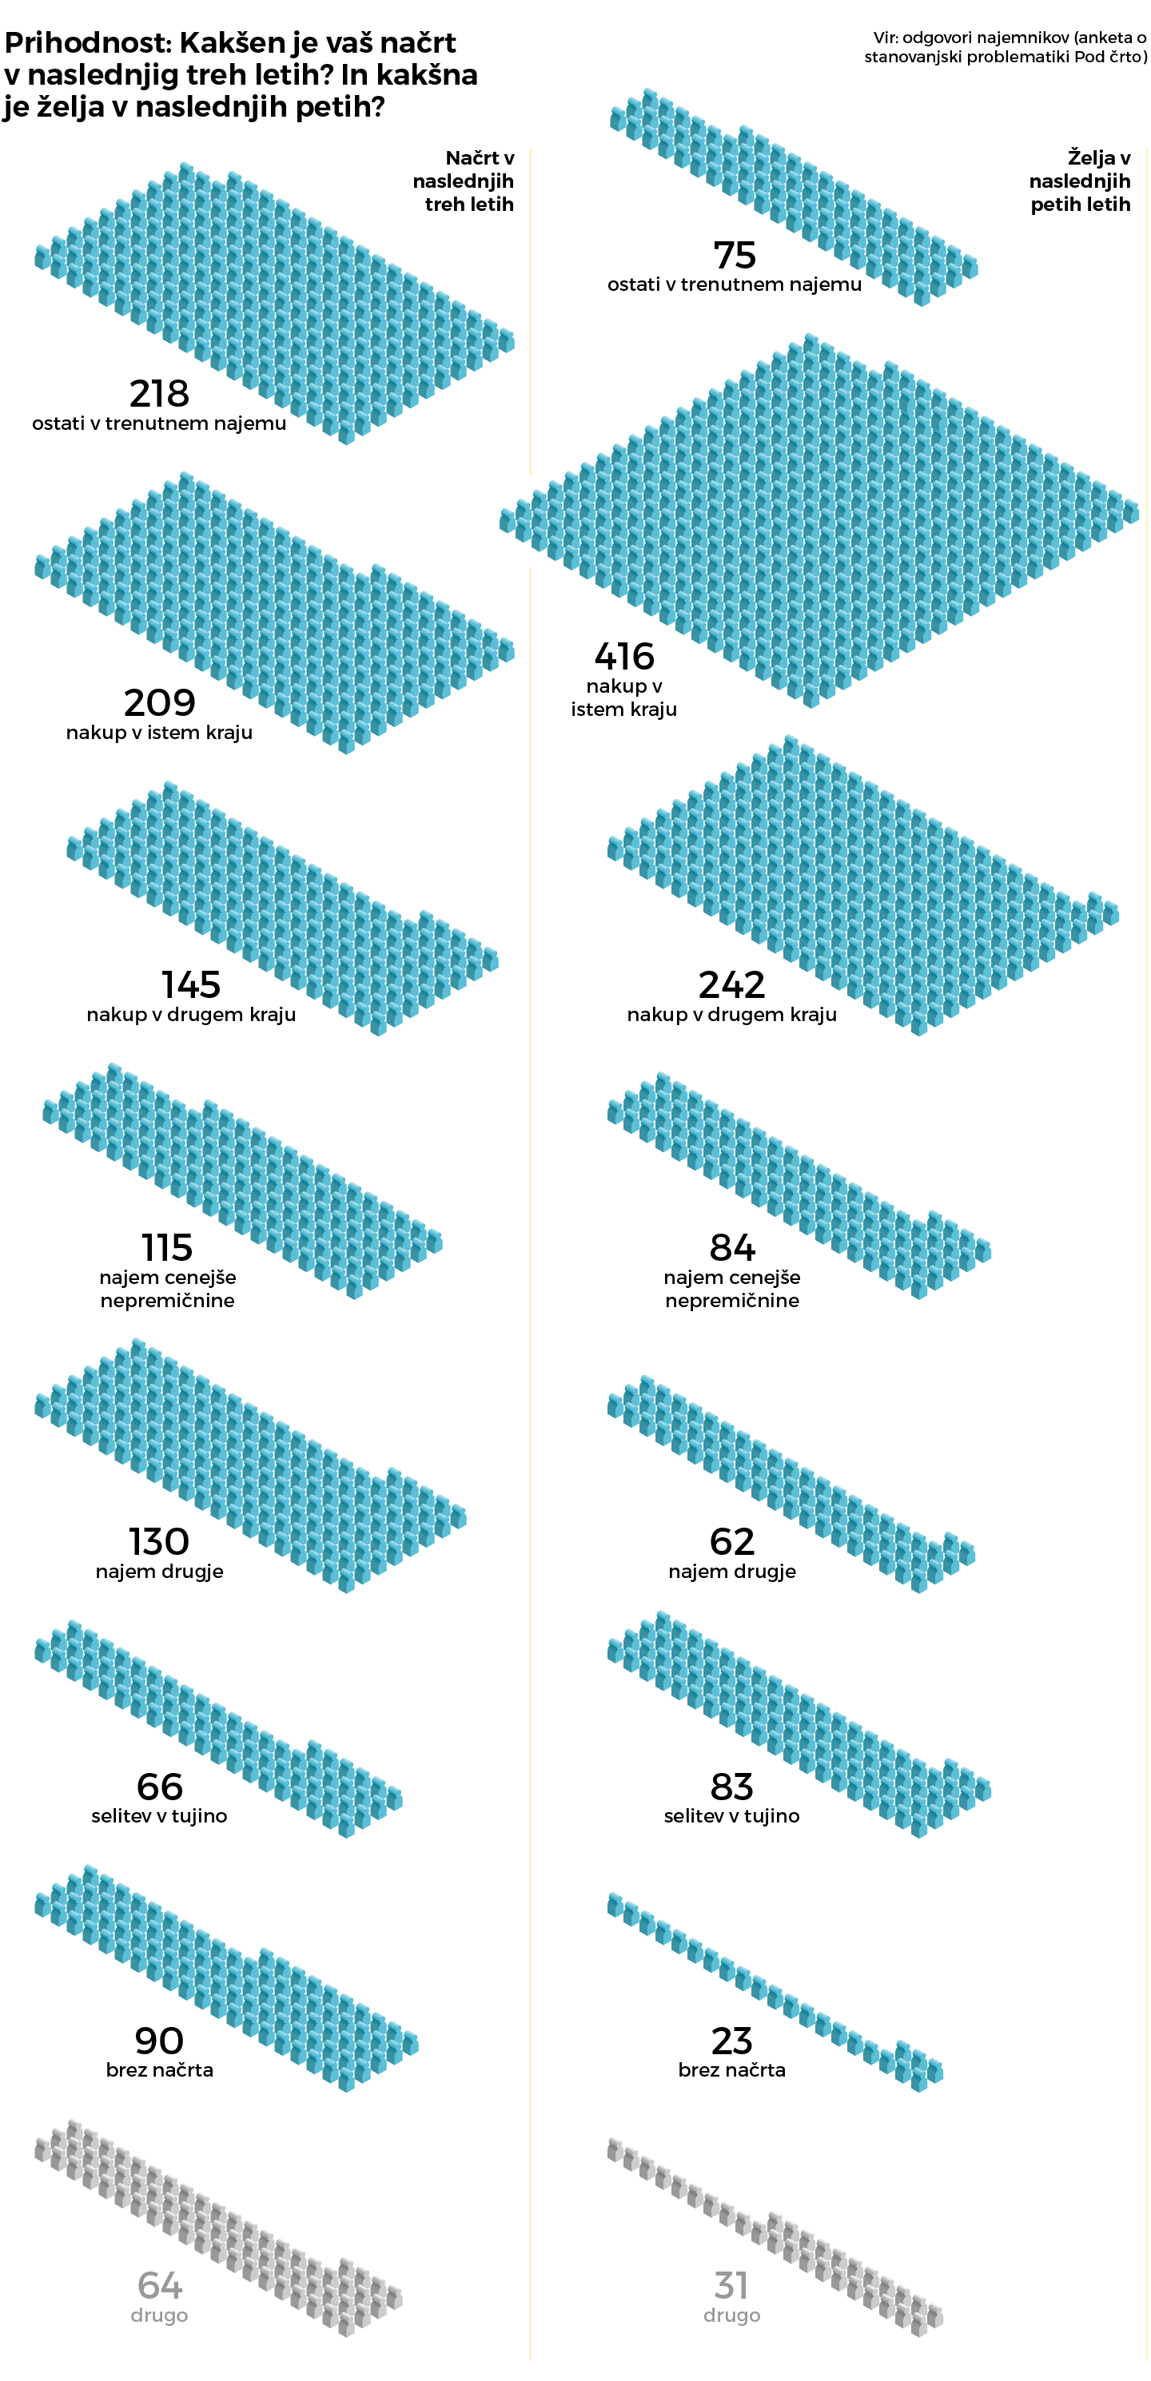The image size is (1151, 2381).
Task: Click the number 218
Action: (x=159, y=394)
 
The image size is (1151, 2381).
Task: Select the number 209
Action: (x=159, y=702)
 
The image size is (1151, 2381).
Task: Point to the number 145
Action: (x=190, y=984)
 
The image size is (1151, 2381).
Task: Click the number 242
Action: (x=731, y=984)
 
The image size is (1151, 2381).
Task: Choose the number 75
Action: (x=734, y=255)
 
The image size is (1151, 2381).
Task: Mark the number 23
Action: (x=731, y=2040)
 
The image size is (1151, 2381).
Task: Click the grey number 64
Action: (x=159, y=2285)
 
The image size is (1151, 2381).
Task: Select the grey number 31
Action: (x=731, y=2285)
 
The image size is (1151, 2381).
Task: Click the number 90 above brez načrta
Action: (x=159, y=2040)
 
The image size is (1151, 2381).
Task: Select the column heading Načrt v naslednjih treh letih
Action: (x=465, y=181)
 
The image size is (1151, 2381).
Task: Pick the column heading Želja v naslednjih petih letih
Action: (x=1080, y=181)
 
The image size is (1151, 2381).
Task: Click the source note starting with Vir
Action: (x=1006, y=47)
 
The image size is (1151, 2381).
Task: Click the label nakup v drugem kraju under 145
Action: (x=190, y=1014)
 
